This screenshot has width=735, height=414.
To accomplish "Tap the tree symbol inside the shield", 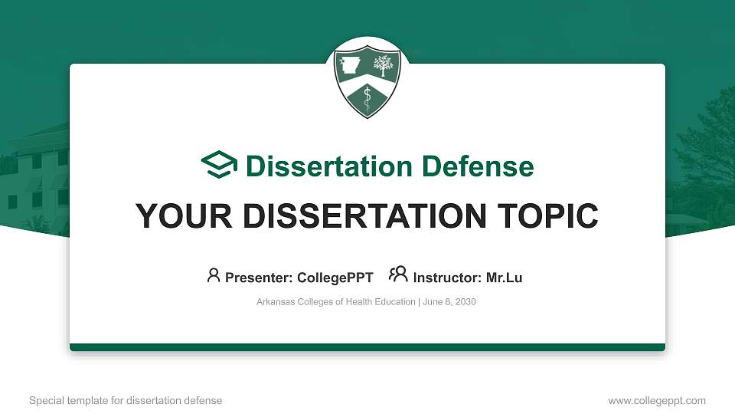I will point(382,66).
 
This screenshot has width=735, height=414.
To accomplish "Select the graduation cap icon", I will point(220,166).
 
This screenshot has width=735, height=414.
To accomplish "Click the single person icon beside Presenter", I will point(214,275).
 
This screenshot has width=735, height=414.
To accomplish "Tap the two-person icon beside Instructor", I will point(398,275).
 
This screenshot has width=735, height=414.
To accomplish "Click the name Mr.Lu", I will point(504,278).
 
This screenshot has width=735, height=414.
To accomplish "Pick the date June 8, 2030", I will point(449,302).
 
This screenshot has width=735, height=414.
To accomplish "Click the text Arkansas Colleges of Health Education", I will point(336,302).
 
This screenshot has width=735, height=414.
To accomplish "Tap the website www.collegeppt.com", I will point(656,400).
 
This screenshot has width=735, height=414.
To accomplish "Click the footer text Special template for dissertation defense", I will point(125,400).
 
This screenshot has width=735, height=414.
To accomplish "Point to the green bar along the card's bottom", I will point(367,347).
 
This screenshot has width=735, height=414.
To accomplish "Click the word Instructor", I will point(447,278).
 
